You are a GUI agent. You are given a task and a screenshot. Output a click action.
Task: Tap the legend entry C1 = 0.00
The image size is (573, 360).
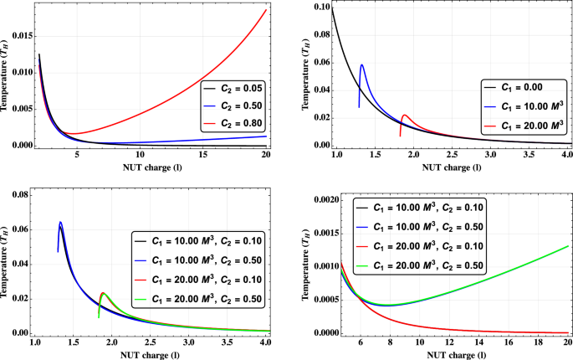[x=517, y=87]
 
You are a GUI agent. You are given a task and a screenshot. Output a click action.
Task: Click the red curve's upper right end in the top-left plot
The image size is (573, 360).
[x=266, y=10]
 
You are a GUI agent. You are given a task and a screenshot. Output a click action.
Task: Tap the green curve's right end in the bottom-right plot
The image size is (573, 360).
[x=567, y=246]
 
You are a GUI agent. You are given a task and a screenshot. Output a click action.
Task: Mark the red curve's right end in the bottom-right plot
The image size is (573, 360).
[x=567, y=332]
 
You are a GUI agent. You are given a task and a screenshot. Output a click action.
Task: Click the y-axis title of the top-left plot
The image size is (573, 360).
[x=8, y=73]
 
